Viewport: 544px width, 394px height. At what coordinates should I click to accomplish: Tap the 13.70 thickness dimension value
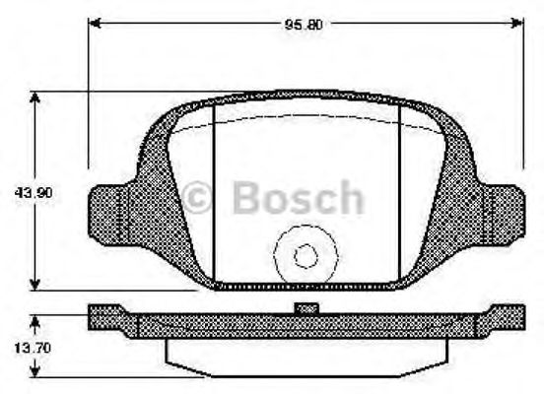(x=18, y=348)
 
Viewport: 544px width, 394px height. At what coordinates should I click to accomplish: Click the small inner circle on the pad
(x=306, y=256)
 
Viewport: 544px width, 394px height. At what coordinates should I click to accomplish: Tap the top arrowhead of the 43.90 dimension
(x=35, y=98)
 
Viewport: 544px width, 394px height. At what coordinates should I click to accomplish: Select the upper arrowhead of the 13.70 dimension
(x=35, y=319)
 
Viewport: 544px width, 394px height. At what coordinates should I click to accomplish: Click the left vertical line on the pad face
(x=215, y=197)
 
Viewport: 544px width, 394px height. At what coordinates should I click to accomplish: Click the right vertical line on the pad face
(x=399, y=197)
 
